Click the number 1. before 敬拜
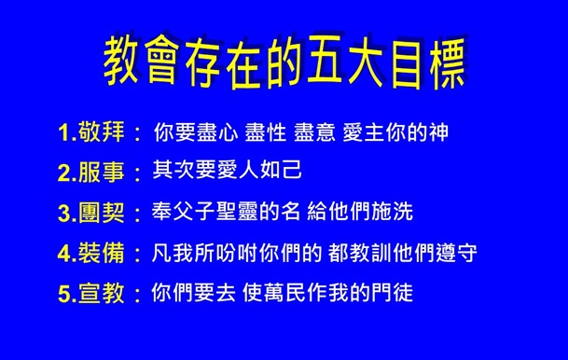point(68,133)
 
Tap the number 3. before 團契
point(68,213)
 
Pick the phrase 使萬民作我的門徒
point(325,292)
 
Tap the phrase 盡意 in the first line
point(320,132)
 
